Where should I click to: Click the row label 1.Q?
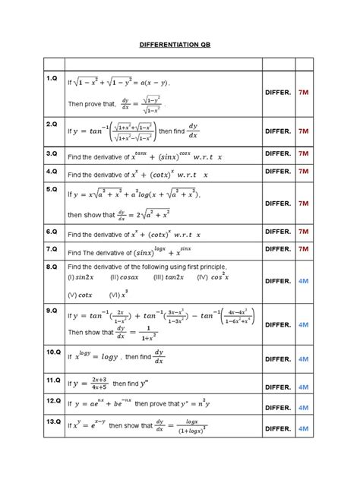tap(52, 78)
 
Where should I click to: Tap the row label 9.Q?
tap(52, 311)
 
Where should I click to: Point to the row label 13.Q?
tap(52, 421)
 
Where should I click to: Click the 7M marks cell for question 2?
tap(304, 131)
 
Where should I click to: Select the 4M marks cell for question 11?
tap(304, 387)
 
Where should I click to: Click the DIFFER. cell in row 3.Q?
tap(278, 154)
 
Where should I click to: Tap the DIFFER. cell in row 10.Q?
tap(278, 359)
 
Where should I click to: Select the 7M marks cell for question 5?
tap(304, 204)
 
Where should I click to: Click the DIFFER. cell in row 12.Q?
tap(278, 408)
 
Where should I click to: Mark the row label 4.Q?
tap(52, 172)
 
